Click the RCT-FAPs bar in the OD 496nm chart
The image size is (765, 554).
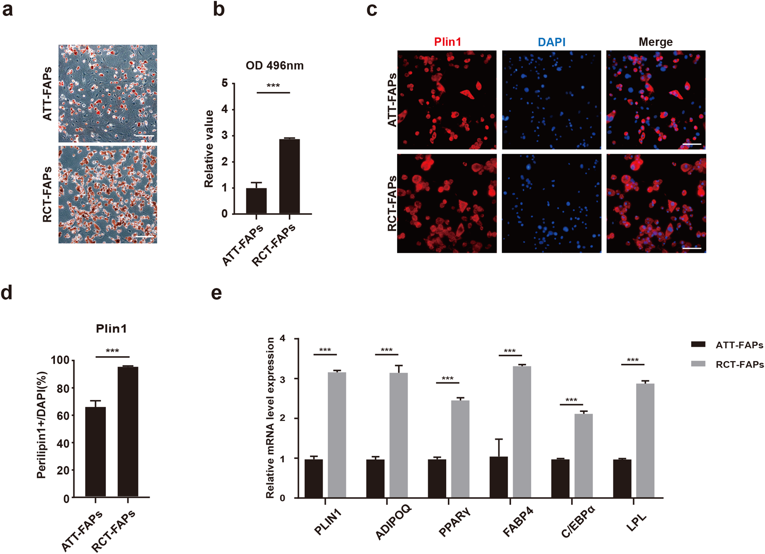[289, 176]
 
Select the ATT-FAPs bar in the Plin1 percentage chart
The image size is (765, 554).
[95, 452]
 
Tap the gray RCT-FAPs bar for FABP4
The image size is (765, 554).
[522, 432]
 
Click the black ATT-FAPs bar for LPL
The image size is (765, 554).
[622, 478]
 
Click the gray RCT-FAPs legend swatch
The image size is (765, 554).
[698, 364]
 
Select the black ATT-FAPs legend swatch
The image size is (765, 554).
[698, 344]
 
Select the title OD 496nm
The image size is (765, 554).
[275, 65]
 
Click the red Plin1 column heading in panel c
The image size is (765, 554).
[447, 42]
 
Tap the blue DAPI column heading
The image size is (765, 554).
[552, 42]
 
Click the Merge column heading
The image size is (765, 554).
[655, 42]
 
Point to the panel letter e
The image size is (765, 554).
[217, 293]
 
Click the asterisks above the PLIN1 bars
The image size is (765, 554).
[325, 351]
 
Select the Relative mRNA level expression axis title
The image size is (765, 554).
[270, 418]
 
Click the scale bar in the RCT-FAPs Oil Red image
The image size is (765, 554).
[144, 237]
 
